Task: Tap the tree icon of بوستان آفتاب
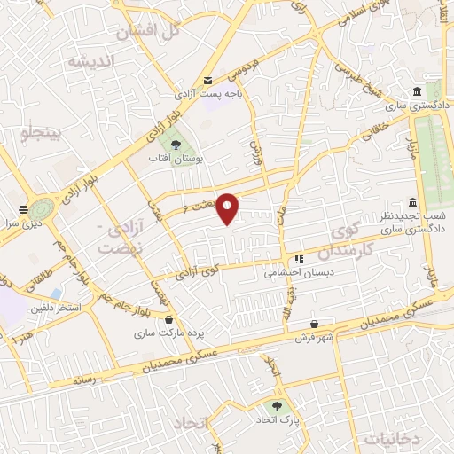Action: point(175,143)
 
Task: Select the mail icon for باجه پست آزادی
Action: point(208,79)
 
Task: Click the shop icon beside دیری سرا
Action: point(23,211)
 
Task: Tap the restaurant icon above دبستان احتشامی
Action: point(299,259)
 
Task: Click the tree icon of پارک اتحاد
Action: point(279,405)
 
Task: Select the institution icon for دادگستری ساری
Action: point(417,92)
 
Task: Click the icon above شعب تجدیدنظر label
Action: point(412,201)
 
